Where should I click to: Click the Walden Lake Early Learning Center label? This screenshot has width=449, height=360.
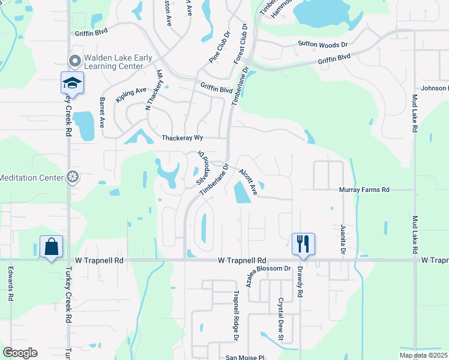pos(118,62)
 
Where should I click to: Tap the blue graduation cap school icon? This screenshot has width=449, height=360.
pos(72,83)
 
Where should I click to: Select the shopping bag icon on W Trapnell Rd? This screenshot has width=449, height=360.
pos(51,247)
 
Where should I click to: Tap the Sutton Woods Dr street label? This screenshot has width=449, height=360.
pos(323,44)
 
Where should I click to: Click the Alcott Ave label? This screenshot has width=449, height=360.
pos(247,182)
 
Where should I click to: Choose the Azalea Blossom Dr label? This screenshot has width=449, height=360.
pos(265,268)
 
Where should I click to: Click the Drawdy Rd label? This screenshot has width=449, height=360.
pos(298,282)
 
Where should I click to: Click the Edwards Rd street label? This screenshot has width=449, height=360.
pos(11,284)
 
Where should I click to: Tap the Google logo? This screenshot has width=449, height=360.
pos(20,353)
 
